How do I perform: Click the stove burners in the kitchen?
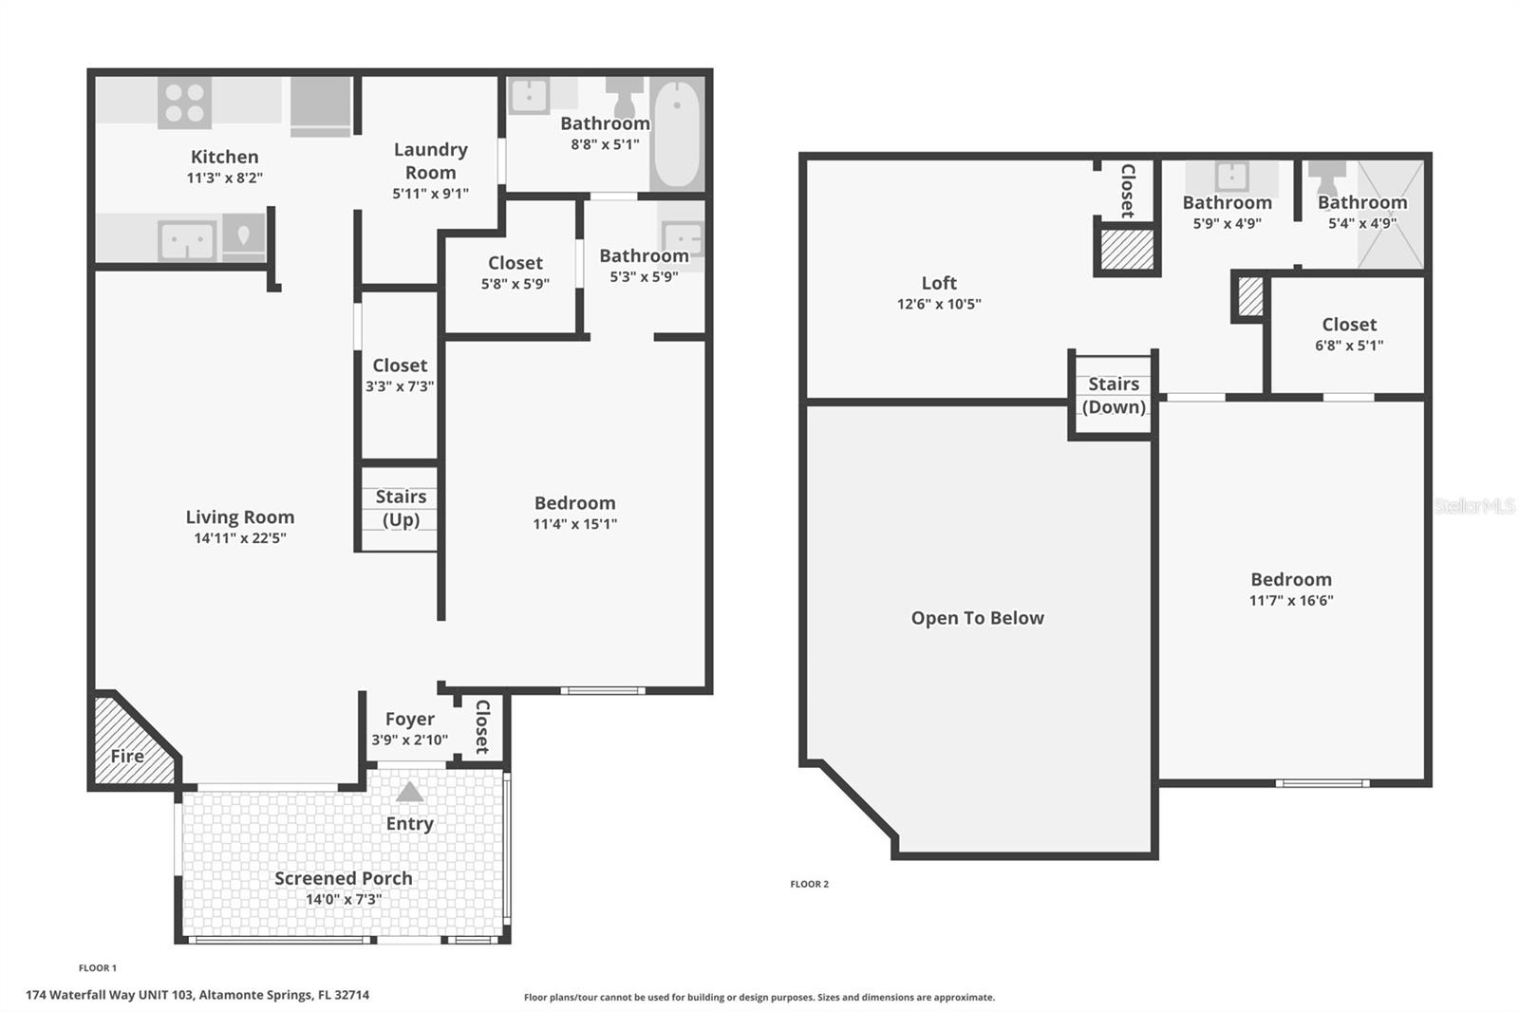pos(184,103)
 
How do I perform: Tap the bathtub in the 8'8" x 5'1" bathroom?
pos(677,134)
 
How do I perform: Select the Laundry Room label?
pos(431,160)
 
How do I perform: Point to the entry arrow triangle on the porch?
pos(409,792)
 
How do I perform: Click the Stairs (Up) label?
pos(402,508)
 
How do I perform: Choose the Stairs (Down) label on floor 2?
pos(1114,396)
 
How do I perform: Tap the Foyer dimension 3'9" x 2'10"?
pos(409,740)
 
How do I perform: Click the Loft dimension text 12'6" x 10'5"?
pos(939,304)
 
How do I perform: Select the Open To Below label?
pos(977,618)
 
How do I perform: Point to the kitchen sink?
pos(187,240)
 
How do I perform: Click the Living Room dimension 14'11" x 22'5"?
pos(240,538)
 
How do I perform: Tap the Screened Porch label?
pos(343,878)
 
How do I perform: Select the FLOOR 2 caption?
pos(809,884)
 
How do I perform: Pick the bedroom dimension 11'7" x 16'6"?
pos(1291,600)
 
